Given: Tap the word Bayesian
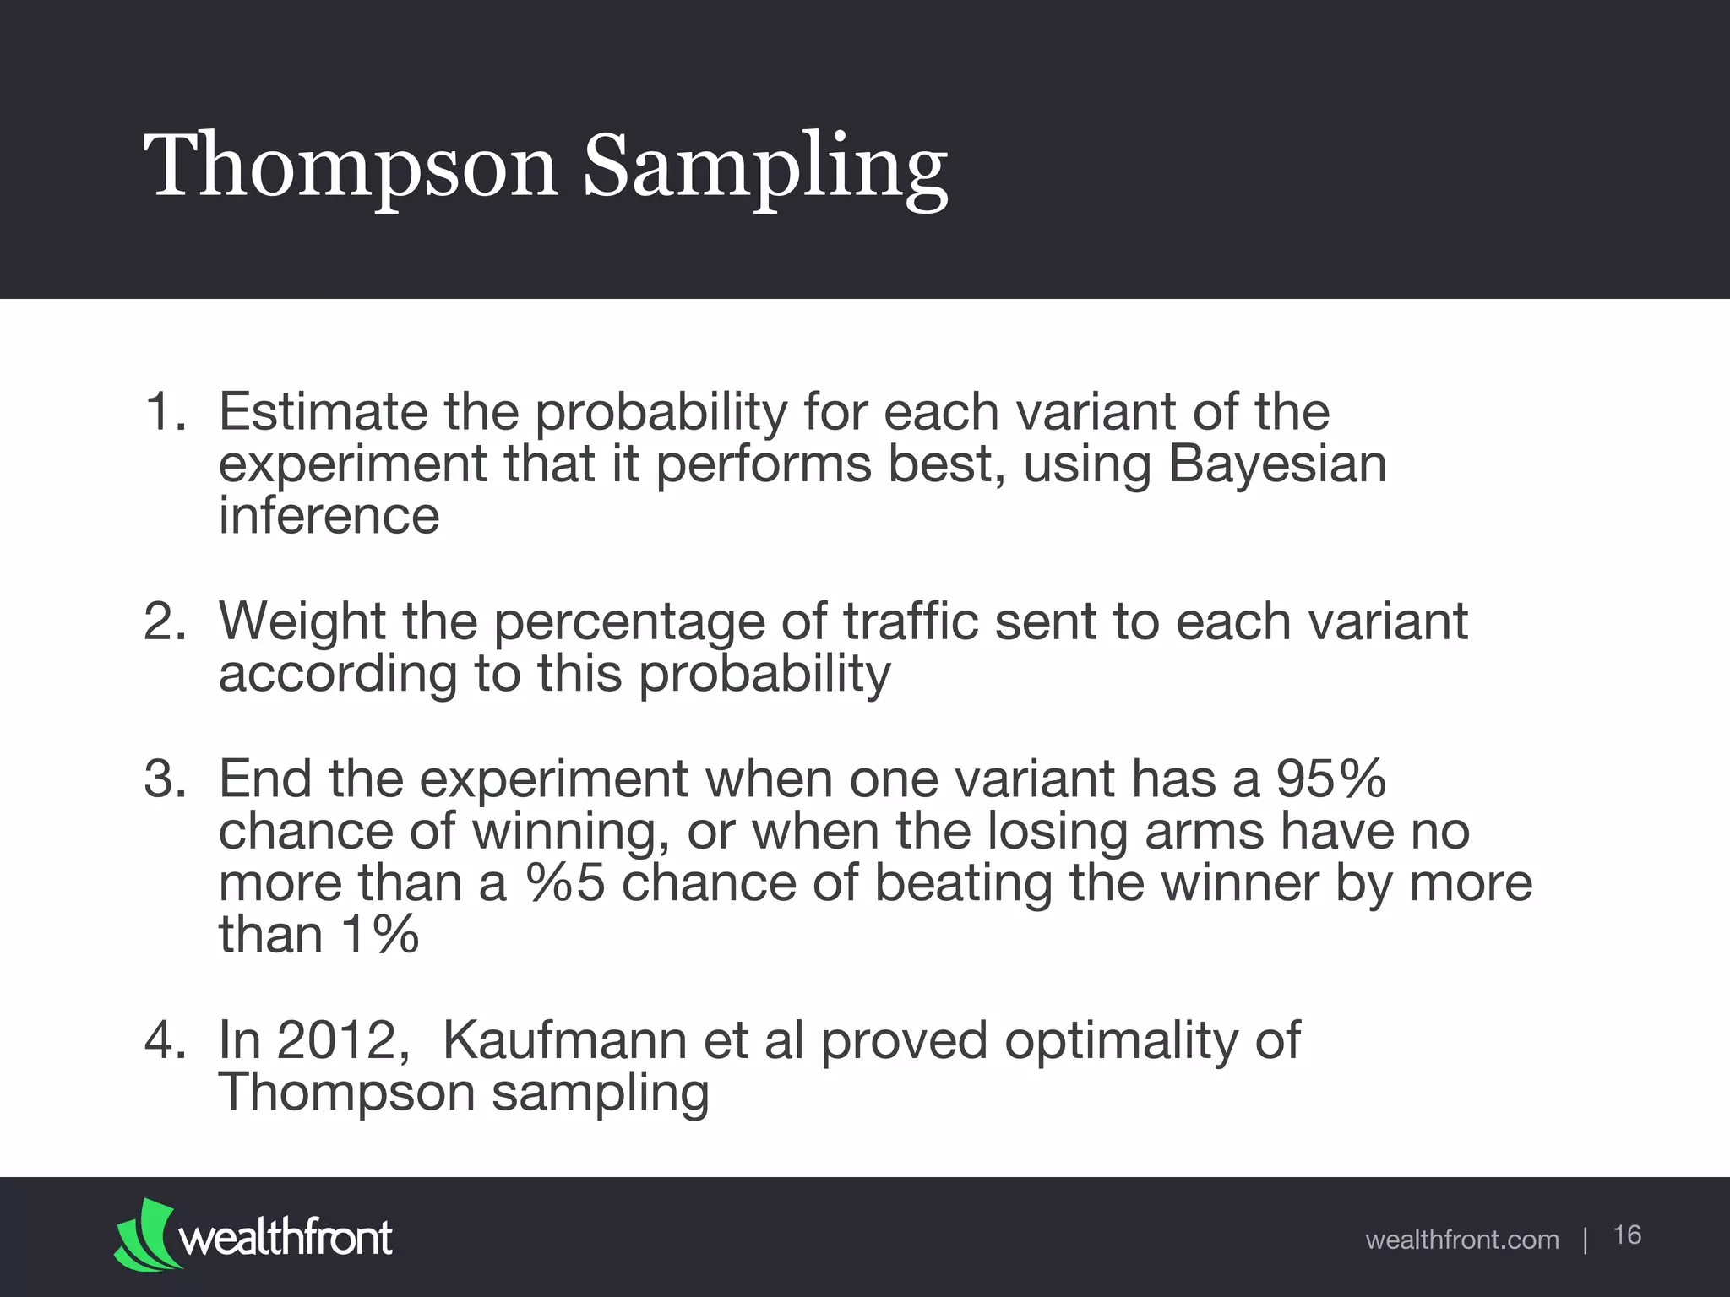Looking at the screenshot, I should (1277, 464).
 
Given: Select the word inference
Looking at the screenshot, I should (329, 516).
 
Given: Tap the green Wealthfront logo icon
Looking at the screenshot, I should (147, 1234).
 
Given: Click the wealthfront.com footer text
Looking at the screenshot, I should (1461, 1240).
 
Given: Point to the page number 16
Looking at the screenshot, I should (1627, 1235).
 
